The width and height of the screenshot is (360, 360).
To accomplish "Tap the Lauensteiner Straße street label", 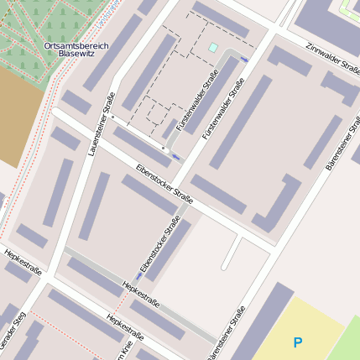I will (x=99, y=125).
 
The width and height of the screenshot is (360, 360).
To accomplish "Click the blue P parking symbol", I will (x=297, y=342).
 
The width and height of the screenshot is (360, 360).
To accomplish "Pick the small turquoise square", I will (x=213, y=48).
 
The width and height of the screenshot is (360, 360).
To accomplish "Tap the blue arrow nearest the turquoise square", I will (x=244, y=60).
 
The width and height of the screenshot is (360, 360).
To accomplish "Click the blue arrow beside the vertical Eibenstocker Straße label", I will (x=138, y=275).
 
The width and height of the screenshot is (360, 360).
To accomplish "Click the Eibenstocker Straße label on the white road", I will (x=164, y=185).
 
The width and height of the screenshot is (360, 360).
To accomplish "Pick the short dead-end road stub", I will (x=232, y=253).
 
